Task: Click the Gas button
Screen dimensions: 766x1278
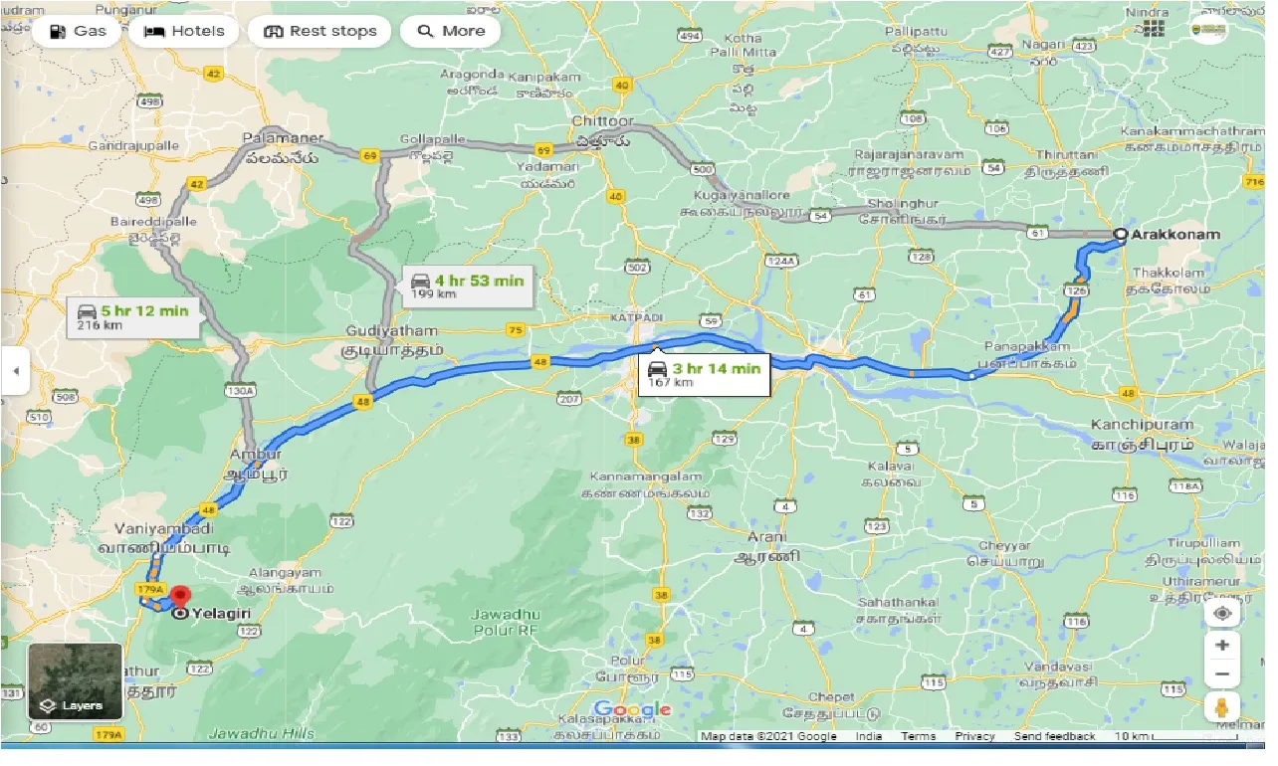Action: [77, 31]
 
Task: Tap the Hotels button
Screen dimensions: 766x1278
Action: [184, 31]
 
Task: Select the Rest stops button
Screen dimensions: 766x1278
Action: [319, 31]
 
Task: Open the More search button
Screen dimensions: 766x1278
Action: [450, 31]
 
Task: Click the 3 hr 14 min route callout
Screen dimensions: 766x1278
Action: [703, 374]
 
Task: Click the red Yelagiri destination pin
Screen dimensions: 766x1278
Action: [180, 597]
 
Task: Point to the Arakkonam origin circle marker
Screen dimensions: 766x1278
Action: [1120, 236]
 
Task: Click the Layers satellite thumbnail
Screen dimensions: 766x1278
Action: [75, 680]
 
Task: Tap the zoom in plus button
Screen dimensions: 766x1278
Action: [1222, 645]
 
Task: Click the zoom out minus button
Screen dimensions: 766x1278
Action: [1222, 674]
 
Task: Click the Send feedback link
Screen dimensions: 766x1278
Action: [1054, 736]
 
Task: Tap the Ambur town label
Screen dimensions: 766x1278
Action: [256, 455]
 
